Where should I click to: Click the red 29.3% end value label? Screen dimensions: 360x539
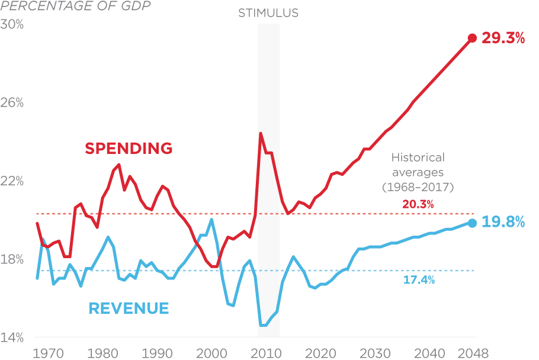coord(503,39)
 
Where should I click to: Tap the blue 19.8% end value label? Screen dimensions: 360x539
coord(503,223)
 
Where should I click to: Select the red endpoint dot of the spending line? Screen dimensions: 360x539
coord(472,38)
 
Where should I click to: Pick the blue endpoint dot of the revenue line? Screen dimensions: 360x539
coord(472,223)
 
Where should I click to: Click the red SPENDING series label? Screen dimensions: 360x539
coord(129,148)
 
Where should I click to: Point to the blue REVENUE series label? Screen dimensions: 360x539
coord(129,308)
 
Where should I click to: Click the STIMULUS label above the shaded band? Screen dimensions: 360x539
coord(268,12)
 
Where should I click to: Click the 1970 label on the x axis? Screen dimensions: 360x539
coord(47,354)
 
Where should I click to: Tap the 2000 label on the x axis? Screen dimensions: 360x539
coord(211,354)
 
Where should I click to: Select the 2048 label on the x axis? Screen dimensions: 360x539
coord(472,354)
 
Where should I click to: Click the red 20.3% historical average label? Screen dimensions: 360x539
coord(419,204)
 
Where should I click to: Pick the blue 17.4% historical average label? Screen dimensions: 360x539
coord(419,280)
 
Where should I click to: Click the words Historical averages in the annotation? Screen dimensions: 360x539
coord(418,165)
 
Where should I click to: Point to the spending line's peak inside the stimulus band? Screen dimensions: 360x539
coord(261,133)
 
